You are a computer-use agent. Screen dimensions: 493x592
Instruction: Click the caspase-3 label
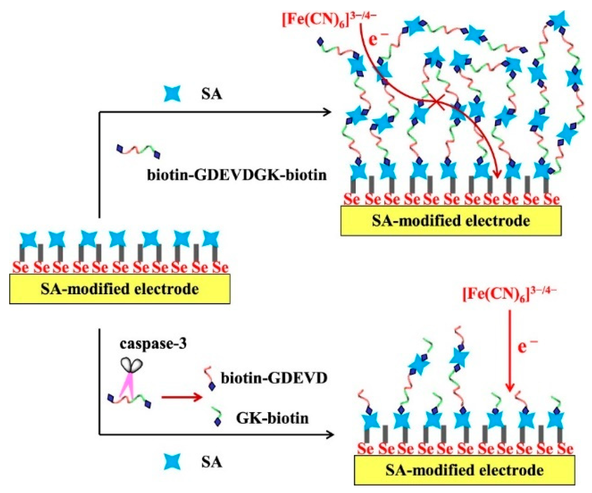point(153,344)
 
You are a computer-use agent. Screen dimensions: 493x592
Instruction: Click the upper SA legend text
point(212,95)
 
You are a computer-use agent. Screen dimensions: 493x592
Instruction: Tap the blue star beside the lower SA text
point(172,462)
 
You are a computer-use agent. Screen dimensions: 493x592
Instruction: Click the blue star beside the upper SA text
point(172,94)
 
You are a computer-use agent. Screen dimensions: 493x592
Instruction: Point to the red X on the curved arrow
point(437,102)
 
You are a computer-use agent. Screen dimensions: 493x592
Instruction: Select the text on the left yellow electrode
point(120,289)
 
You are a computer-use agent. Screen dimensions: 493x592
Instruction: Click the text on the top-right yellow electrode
point(451,221)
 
